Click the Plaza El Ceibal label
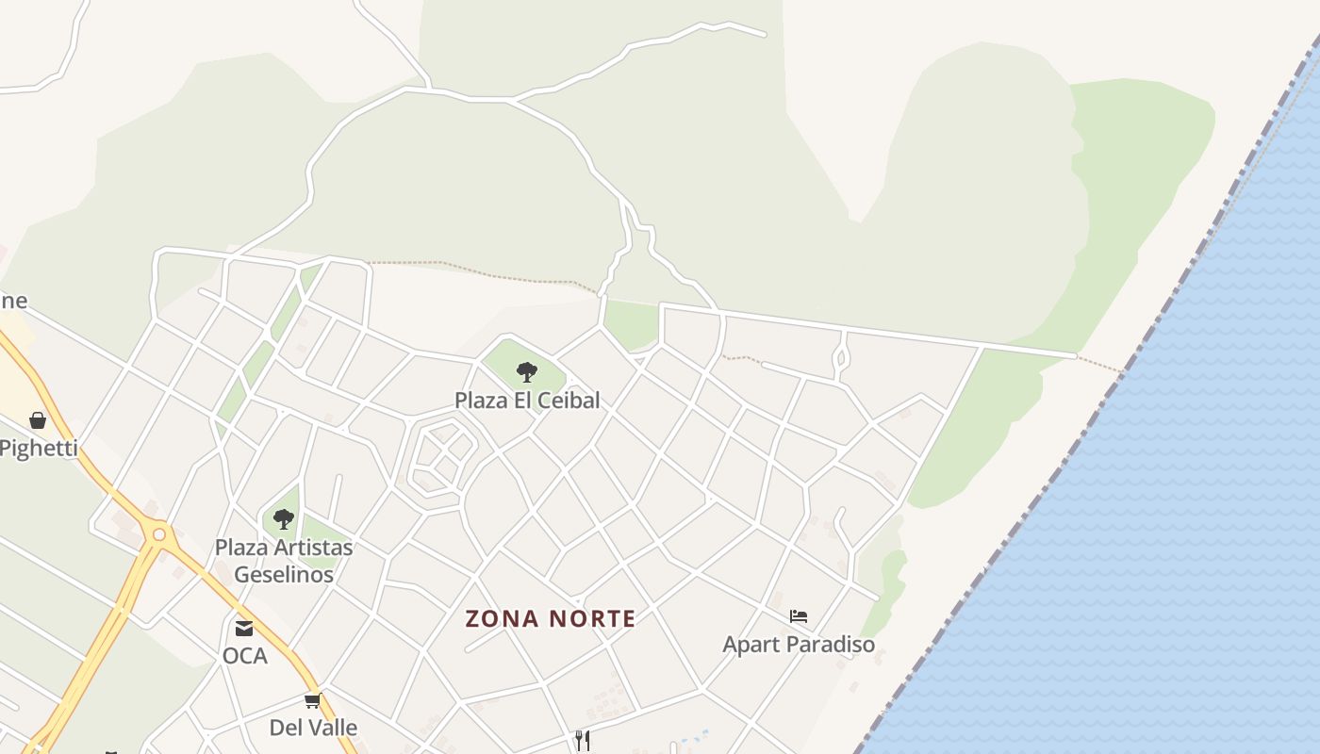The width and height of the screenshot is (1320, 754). [527, 400]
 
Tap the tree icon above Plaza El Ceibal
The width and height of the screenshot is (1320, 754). [527, 371]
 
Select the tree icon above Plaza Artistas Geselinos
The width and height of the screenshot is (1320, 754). [283, 518]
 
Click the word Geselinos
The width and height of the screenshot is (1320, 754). [284, 574]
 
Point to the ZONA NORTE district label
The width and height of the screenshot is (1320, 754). [551, 618]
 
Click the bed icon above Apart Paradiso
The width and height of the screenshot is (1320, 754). [799, 616]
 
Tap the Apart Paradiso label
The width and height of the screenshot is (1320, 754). [799, 645]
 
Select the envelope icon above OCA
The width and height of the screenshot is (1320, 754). [244, 628]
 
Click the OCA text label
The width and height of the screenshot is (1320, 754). [245, 655]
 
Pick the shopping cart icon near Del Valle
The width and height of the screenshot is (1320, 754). [312, 701]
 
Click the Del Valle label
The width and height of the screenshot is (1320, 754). [313, 728]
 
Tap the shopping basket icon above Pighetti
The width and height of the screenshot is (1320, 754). [38, 420]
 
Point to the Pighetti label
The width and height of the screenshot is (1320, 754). [39, 448]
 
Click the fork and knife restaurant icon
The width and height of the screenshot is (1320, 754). [582, 740]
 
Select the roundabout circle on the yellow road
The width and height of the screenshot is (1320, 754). [158, 535]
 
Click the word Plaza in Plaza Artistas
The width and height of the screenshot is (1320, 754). [241, 548]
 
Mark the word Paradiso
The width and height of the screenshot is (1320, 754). [833, 645]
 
